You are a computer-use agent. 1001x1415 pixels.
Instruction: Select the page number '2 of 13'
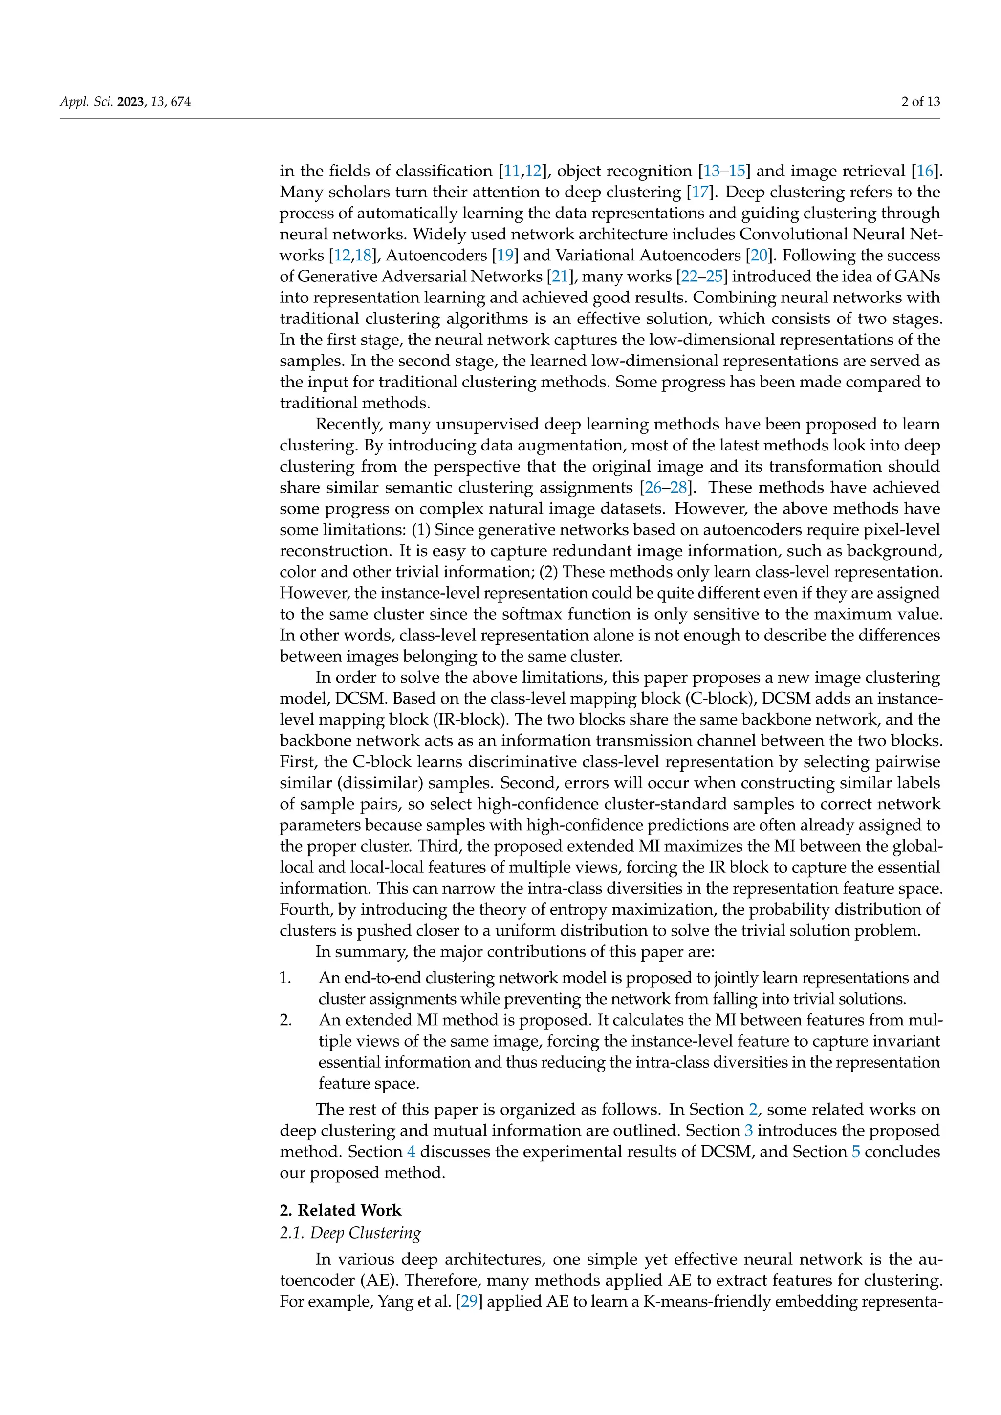(920, 102)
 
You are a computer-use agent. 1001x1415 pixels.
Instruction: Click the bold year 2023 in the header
(130, 102)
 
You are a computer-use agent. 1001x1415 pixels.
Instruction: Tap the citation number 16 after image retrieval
(925, 171)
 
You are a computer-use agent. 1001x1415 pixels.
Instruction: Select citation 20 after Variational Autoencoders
(759, 255)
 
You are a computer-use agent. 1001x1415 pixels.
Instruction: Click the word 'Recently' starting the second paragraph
(348, 424)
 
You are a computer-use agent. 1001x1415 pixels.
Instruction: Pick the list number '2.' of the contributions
(285, 1019)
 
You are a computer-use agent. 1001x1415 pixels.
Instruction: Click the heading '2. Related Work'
(340, 1210)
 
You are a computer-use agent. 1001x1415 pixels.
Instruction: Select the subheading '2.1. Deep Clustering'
(350, 1232)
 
